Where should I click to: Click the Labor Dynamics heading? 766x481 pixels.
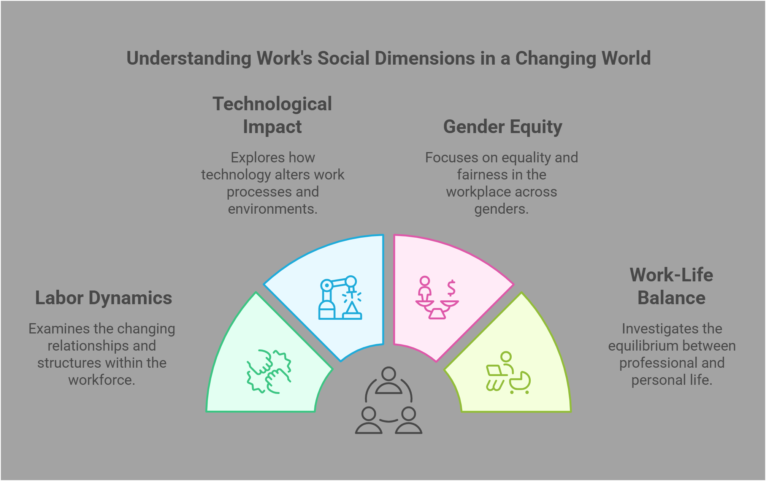[103, 298]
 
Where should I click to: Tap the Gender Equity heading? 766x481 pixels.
[503, 127]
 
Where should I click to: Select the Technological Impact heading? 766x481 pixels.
[272, 115]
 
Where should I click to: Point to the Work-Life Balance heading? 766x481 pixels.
[671, 286]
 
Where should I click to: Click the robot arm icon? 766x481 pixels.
[340, 297]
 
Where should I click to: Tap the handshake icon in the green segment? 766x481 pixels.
[269, 371]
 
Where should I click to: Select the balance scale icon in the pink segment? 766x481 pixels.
[437, 298]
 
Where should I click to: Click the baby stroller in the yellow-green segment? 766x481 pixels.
[520, 383]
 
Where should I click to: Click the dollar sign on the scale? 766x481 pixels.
[451, 288]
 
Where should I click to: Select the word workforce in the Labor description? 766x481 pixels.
[101, 380]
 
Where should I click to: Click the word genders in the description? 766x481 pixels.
[501, 209]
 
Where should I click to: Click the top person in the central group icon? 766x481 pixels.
[389, 380]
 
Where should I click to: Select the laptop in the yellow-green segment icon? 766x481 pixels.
[496, 370]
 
